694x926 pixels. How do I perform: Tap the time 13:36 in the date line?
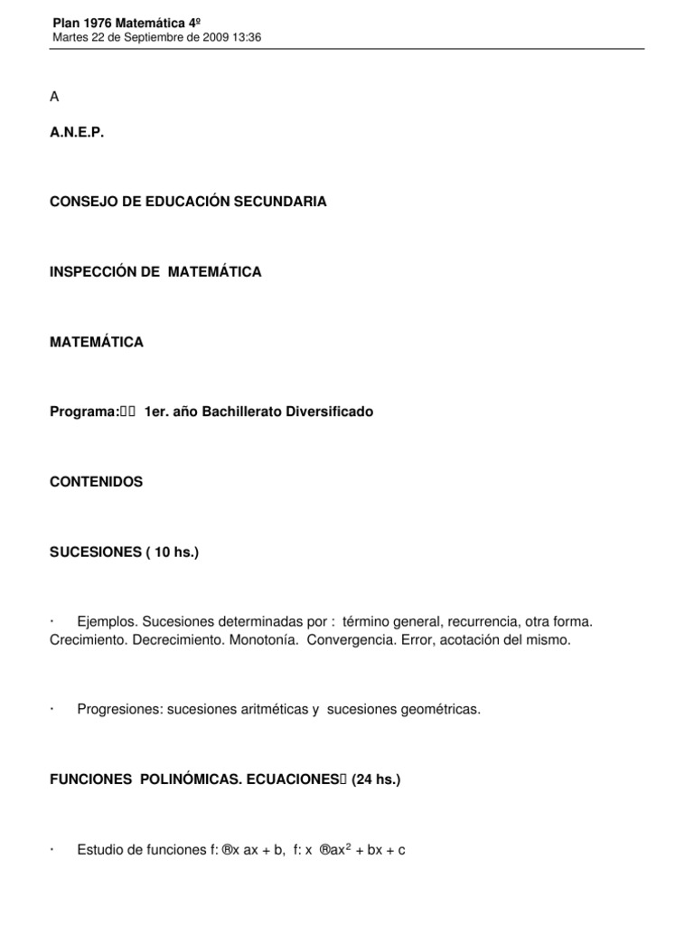click(247, 36)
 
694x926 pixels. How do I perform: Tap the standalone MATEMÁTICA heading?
click(97, 342)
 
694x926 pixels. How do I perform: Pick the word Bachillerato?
click(247, 411)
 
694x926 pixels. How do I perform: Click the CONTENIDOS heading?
click(97, 482)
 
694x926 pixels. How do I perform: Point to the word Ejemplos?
click(107, 623)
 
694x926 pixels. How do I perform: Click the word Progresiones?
click(118, 710)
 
